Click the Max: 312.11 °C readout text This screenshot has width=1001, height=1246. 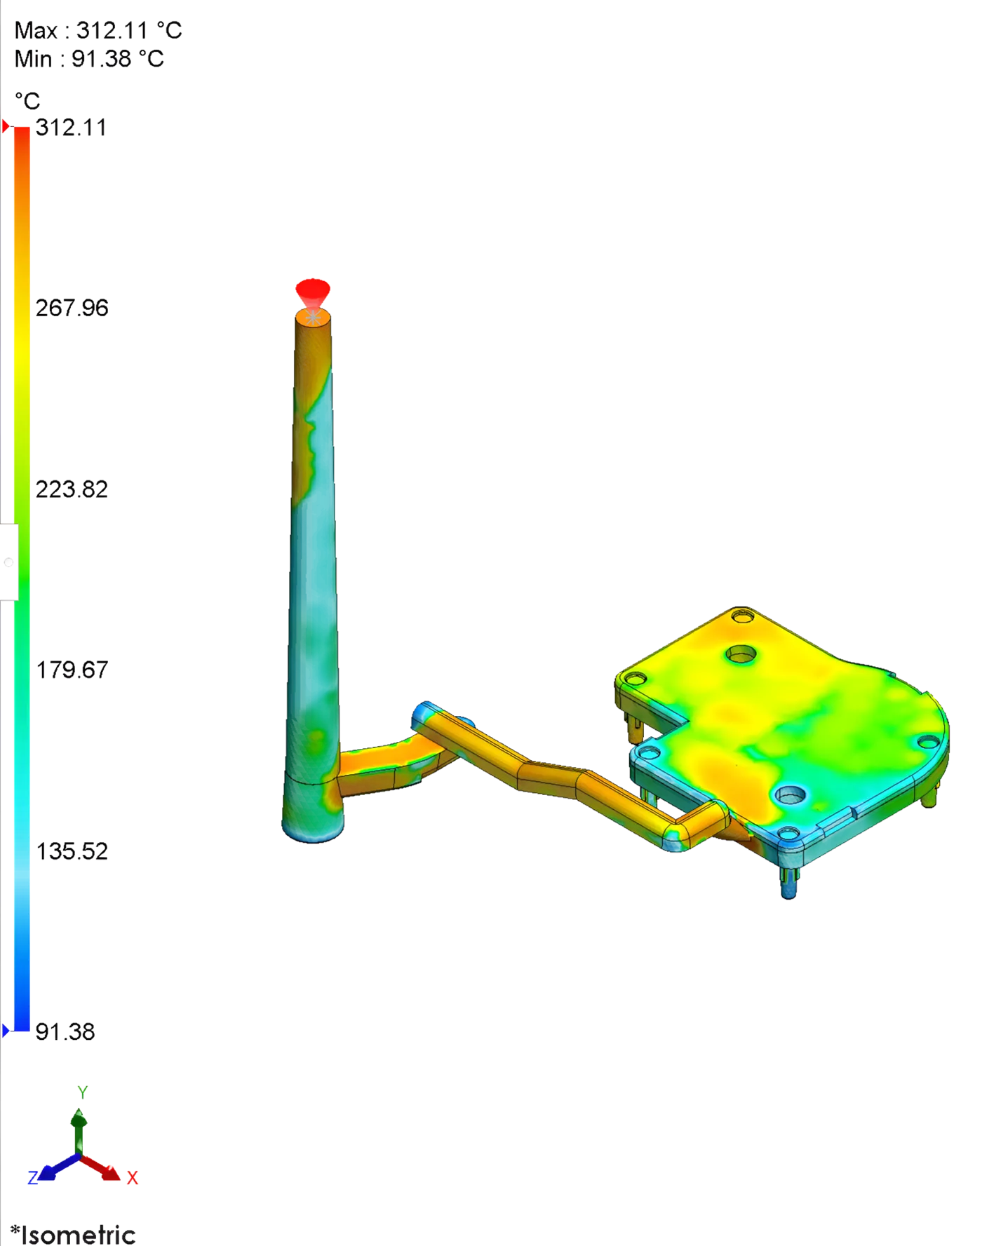tap(98, 30)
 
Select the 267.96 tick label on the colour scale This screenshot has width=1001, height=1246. tap(72, 308)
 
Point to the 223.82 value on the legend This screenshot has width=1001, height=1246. tap(72, 488)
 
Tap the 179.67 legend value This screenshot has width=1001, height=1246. tap(72, 670)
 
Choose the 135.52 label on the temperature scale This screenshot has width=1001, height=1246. tap(72, 851)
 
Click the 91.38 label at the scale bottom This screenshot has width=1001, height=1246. tap(65, 1031)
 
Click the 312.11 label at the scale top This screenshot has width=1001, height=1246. tap(71, 128)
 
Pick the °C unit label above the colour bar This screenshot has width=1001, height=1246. tap(27, 102)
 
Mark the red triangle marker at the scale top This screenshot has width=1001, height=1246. tap(6, 127)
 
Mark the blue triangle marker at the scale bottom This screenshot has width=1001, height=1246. tap(6, 1030)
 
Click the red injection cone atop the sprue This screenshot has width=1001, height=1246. tap(312, 290)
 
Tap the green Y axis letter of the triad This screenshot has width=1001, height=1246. tap(83, 1092)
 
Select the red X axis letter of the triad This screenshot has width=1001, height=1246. tap(132, 1177)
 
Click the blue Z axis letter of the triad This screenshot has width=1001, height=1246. tap(32, 1177)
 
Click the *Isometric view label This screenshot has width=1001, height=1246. tap(73, 1233)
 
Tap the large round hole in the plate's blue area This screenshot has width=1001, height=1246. tap(791, 795)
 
